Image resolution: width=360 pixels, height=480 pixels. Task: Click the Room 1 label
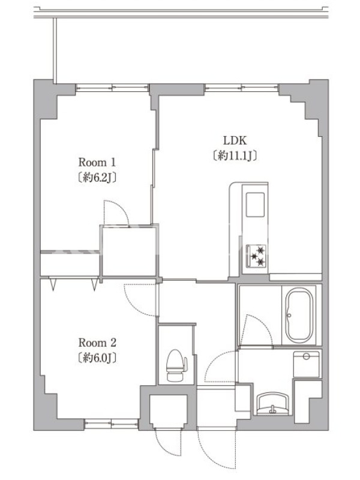[97, 162]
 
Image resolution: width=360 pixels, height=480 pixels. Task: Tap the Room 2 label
[97, 343]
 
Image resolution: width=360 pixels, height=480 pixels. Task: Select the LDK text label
[235, 140]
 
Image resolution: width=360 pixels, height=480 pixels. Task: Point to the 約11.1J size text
[235, 156]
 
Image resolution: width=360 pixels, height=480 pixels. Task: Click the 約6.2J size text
[97, 178]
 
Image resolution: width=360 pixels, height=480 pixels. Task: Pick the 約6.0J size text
[97, 358]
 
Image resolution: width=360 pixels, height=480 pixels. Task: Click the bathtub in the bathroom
[299, 315]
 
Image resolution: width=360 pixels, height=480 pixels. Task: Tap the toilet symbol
[176, 365]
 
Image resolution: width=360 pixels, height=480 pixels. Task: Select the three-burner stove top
[256, 256]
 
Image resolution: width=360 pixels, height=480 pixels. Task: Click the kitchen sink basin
[256, 204]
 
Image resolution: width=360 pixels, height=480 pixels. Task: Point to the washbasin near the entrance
[273, 404]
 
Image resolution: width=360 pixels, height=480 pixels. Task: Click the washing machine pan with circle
[306, 364]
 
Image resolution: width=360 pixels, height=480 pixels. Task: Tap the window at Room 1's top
[112, 88]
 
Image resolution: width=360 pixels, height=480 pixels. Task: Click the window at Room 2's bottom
[112, 424]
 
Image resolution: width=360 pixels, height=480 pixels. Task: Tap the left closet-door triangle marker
[53, 284]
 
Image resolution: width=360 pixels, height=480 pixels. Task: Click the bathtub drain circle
[289, 315]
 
